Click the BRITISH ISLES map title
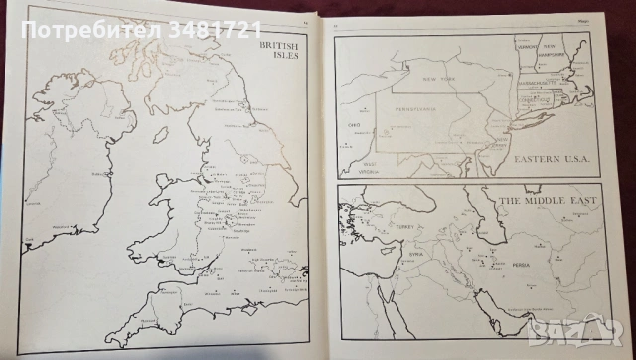pyautogui.click(x=279, y=51)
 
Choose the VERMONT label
pyautogui.click(x=528, y=46)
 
